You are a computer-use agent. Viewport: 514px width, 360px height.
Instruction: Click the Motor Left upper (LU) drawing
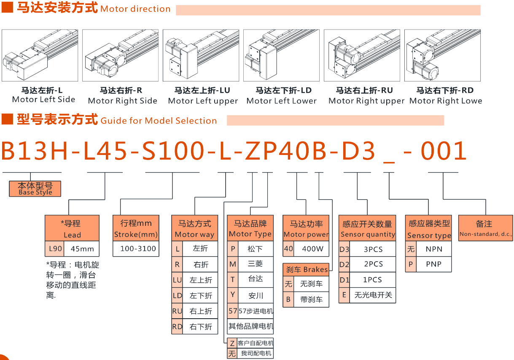coord(201,55)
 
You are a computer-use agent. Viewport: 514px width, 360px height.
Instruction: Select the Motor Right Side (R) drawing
coord(120,55)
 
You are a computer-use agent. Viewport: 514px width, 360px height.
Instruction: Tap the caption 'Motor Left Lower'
coord(281,101)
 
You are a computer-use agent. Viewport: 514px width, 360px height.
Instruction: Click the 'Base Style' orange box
coord(35,189)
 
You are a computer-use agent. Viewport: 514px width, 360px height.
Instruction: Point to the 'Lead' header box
coord(72,228)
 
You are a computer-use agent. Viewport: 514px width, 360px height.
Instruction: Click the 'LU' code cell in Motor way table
coord(177,280)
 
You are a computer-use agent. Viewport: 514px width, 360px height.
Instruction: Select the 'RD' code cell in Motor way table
coord(177,326)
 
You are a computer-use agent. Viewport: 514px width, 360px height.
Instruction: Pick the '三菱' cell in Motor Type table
coord(256,264)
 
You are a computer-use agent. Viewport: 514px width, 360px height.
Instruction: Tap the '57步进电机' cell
coord(256,311)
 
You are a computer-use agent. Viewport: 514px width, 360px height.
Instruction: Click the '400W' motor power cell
coord(312,249)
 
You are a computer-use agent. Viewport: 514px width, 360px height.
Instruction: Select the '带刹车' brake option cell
coord(311,300)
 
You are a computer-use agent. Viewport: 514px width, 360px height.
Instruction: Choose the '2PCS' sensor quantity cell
coord(373,264)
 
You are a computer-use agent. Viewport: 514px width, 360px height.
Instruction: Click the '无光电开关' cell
coord(373,295)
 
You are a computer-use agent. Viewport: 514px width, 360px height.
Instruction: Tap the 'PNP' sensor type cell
coord(433,264)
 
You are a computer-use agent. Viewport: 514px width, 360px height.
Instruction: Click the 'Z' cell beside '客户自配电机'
coord(232,343)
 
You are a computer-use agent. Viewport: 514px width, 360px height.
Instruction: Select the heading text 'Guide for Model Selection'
coord(159,121)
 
